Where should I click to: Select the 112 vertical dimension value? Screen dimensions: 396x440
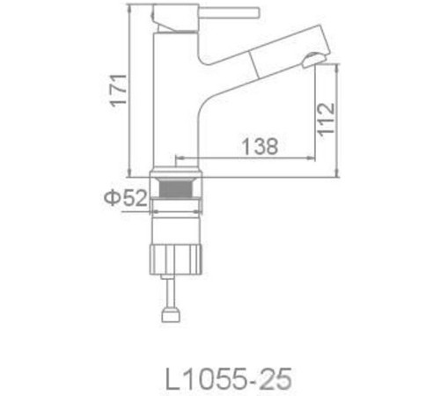coord(325,118)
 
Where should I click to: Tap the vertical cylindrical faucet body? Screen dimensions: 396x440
coord(173,97)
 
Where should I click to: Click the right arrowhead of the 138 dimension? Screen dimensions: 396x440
coord(313,159)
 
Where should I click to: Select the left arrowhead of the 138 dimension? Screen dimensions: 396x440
coord(179,159)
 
